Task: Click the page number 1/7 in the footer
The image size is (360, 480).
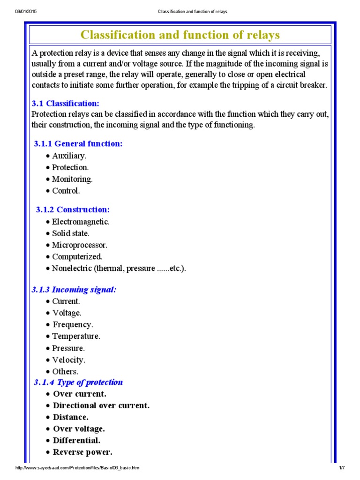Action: tap(342, 468)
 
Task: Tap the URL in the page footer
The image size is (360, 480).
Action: tap(77, 468)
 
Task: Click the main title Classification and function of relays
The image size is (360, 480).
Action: tap(180, 35)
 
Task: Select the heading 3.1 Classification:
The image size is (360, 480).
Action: tap(65, 103)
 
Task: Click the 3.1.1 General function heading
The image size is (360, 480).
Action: tap(78, 143)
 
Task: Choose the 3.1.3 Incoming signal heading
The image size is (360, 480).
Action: tap(74, 290)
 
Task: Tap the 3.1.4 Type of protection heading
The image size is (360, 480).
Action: tap(78, 382)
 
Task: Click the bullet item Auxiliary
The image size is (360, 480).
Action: tap(69, 156)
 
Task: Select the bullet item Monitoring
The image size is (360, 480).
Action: tap(72, 179)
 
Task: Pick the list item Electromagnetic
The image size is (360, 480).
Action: tap(81, 221)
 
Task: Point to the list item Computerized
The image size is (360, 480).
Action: tap(77, 257)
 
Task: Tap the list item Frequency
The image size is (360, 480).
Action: tap(73, 324)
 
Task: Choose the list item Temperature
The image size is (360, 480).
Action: tap(76, 336)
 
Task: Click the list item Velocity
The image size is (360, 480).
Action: tap(69, 360)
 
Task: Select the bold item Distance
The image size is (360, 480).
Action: tap(70, 417)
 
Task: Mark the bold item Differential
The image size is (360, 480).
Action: tap(76, 441)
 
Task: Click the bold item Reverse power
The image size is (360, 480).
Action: tap(82, 452)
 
